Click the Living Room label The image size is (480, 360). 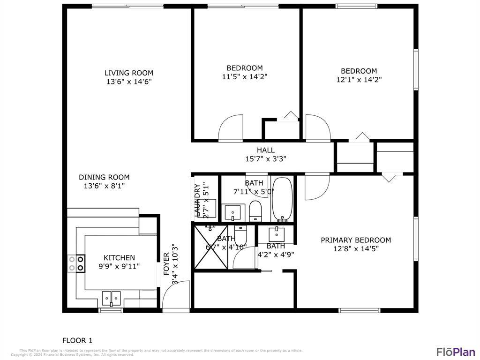128,73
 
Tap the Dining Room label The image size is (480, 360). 104,177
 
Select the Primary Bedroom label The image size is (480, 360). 355,240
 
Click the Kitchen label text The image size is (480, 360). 119,258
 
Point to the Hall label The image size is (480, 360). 265,150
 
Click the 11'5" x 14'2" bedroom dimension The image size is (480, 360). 245,77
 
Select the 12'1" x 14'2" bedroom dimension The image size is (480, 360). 359,80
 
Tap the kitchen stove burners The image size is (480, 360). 76,263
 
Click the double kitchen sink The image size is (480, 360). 111,298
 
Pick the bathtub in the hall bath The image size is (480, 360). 282,199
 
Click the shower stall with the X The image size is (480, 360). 211,247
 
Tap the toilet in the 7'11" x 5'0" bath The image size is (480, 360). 255,211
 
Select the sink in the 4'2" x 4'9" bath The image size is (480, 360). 277,233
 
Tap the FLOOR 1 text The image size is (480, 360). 77,340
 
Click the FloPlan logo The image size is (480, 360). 456,352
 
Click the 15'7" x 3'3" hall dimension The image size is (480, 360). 265,159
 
